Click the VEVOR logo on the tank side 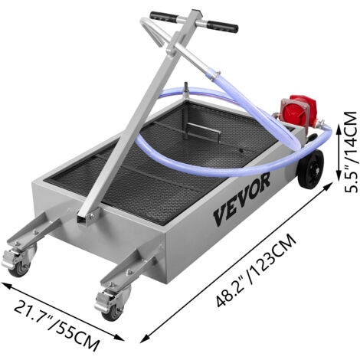point(241,199)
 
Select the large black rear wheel point(310,169)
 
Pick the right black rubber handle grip point(222,26)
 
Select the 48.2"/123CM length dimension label point(256,270)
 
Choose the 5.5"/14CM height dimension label point(350,152)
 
